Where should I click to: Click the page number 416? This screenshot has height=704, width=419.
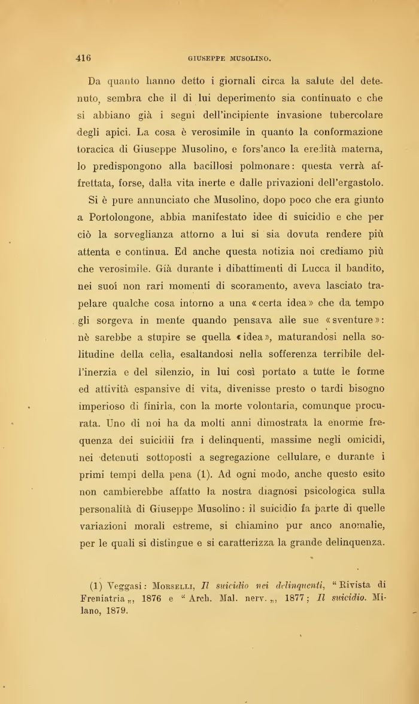(x=83, y=58)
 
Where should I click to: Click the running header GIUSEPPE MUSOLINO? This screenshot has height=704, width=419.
(x=230, y=59)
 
